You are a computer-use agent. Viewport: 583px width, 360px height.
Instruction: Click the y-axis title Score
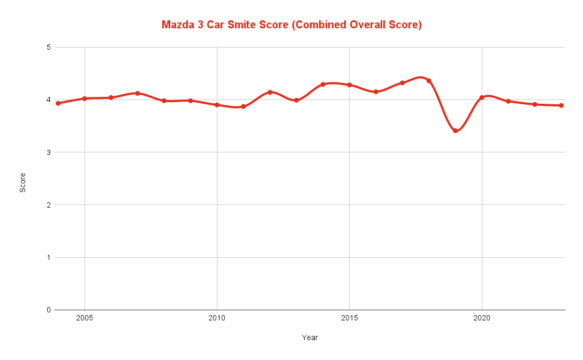tap(23, 179)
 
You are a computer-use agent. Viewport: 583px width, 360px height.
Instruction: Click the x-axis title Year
tap(311, 338)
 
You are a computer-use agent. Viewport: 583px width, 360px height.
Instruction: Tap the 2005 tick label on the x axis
tap(85, 319)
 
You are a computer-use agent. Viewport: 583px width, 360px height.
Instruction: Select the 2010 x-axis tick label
tap(217, 319)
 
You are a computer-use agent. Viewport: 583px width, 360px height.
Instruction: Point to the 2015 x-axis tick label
tap(349, 319)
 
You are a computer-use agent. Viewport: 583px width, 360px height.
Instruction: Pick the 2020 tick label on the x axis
tap(481, 319)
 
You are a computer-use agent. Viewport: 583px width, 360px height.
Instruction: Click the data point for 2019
tap(455, 131)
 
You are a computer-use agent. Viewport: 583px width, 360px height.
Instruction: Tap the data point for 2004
tap(58, 103)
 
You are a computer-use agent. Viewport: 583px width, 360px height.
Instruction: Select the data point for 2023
tap(561, 105)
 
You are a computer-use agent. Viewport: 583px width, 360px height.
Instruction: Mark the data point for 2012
tap(270, 92)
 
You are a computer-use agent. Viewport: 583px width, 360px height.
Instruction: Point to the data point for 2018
tap(429, 81)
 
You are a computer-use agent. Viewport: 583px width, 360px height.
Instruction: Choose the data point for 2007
tap(138, 93)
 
